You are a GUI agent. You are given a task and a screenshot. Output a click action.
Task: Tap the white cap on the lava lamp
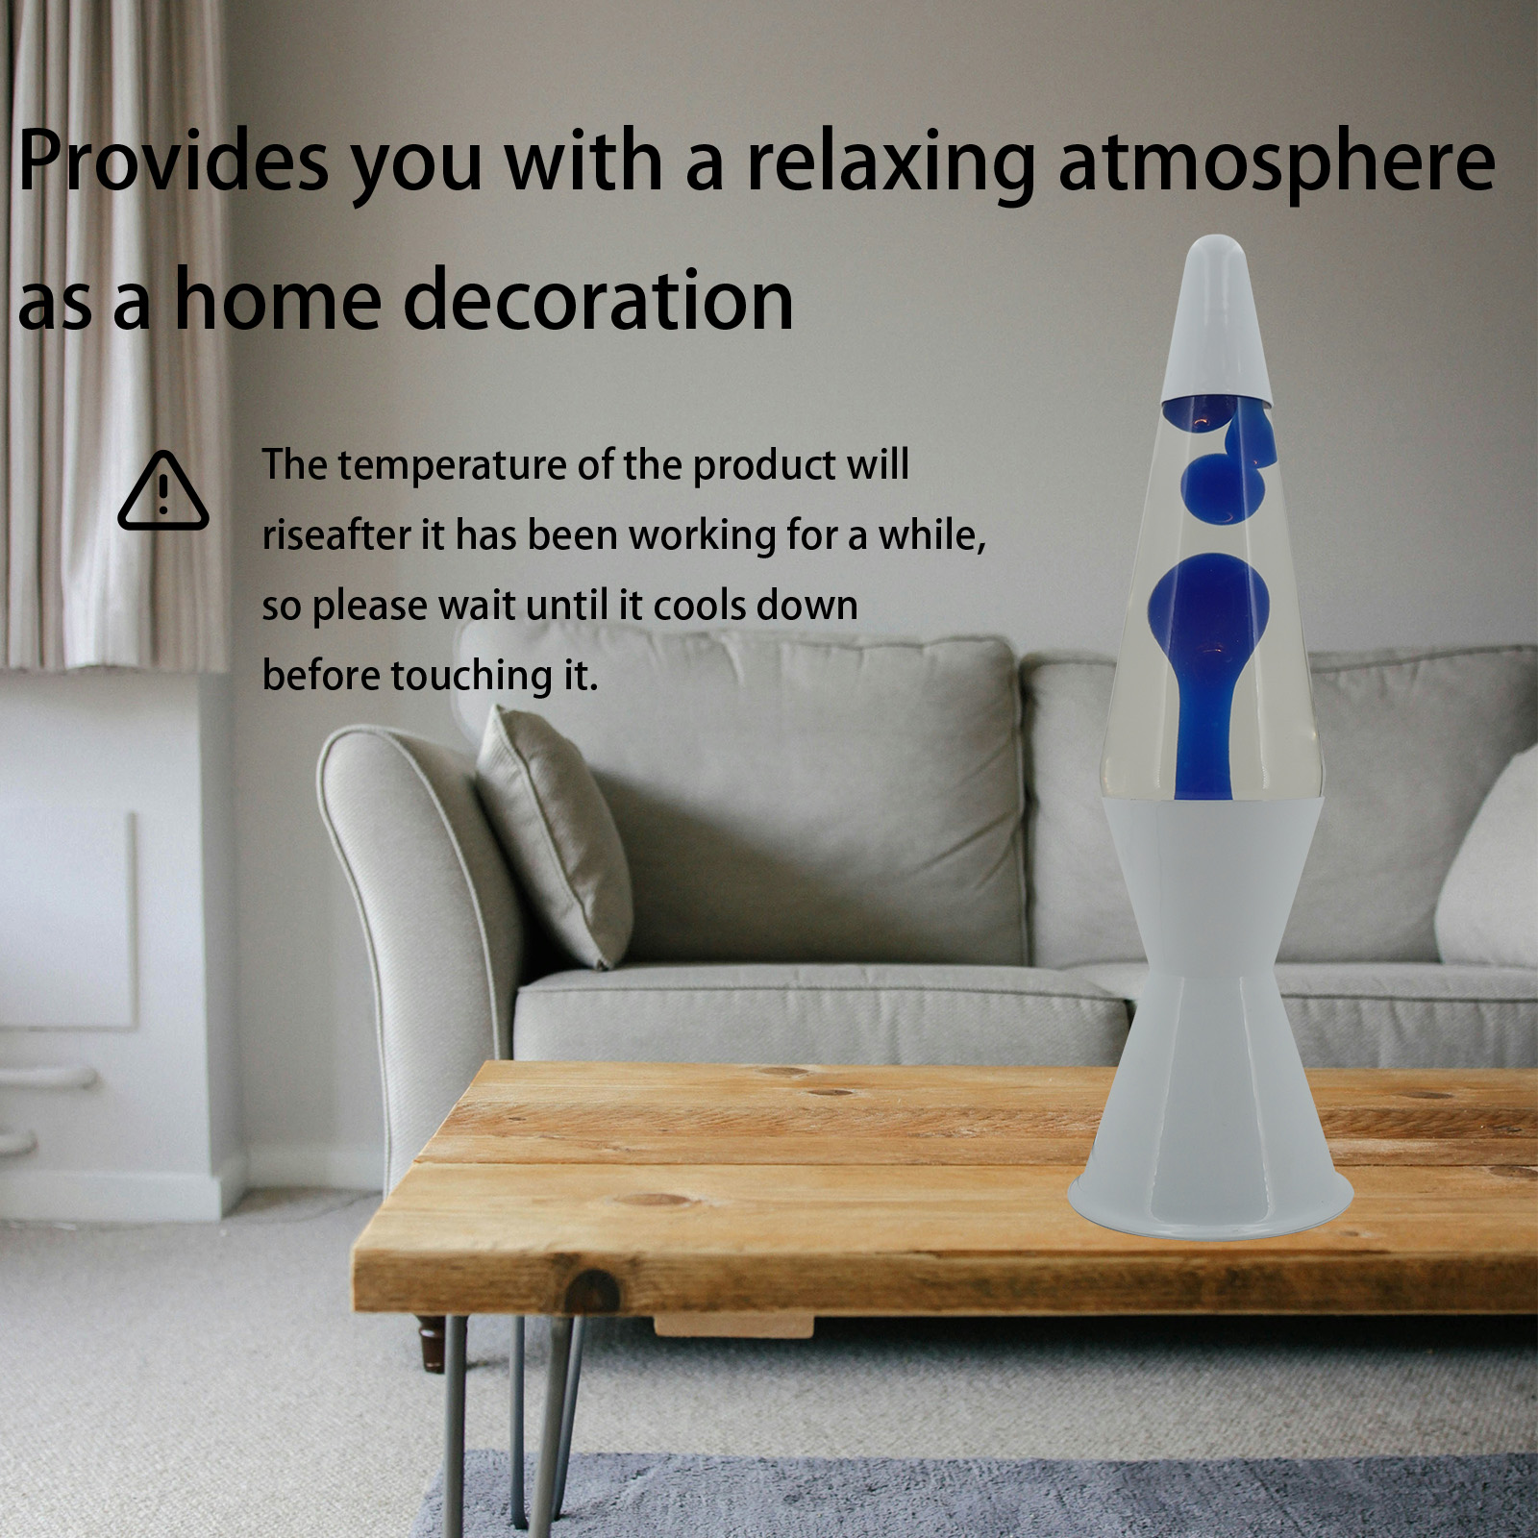[1220, 318]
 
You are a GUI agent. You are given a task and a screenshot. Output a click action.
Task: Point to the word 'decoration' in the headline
[598, 299]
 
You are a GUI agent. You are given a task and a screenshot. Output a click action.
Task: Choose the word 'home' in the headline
[276, 299]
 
